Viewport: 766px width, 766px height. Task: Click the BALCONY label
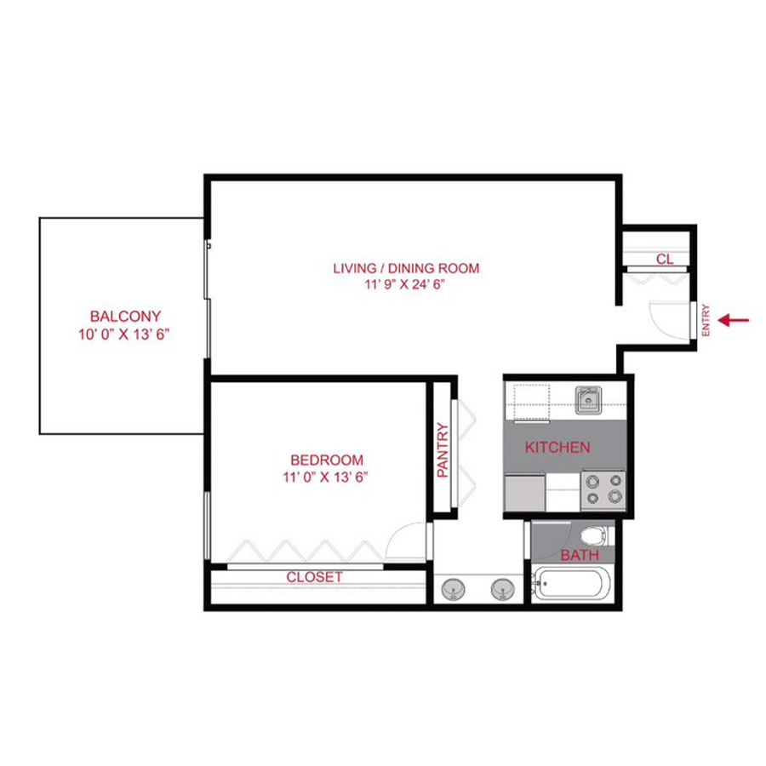pos(125,317)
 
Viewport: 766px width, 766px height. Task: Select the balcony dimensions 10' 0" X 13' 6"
pos(125,334)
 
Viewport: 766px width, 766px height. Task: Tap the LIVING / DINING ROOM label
pos(406,268)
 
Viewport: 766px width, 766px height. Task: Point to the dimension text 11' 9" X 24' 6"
pos(406,285)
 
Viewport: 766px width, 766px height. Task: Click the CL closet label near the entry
pos(665,259)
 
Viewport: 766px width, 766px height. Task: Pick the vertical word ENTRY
pos(706,321)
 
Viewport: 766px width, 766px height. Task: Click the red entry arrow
pos(734,320)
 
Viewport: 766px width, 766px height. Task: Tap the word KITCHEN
pos(557,447)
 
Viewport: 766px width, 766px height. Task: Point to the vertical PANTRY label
pos(443,450)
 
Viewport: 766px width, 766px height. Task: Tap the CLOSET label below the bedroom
pos(314,577)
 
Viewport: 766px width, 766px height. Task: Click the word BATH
pos(579,556)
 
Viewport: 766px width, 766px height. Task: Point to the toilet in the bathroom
pos(594,536)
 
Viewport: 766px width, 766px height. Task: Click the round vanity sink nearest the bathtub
pos(502,587)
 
